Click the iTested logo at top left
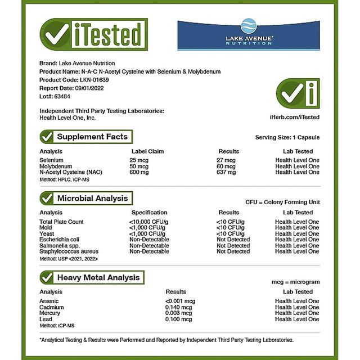tap(93, 35)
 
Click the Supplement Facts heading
tap(92, 137)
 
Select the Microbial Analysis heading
tap(92, 198)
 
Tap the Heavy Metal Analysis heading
tap(97, 277)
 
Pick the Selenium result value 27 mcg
tap(227, 160)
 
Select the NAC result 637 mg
tap(227, 172)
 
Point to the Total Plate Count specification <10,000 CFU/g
tap(148, 222)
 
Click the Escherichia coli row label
tap(60, 240)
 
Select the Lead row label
tap(46, 319)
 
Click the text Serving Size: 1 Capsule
tap(287, 137)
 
